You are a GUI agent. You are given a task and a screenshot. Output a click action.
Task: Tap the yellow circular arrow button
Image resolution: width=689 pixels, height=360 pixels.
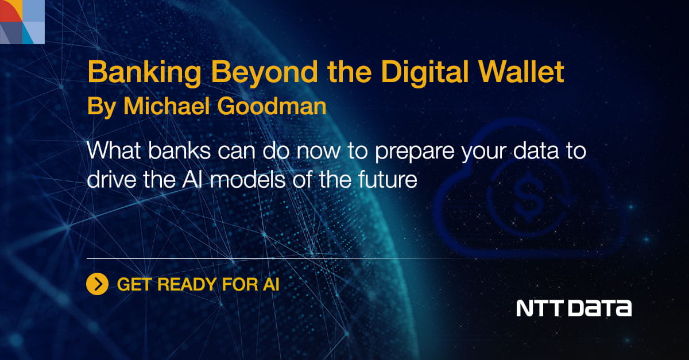point(98,284)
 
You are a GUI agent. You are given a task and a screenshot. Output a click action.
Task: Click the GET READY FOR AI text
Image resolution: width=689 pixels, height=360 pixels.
point(198,284)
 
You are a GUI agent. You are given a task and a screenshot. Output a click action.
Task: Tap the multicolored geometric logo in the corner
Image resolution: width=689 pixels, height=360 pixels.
point(22,22)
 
